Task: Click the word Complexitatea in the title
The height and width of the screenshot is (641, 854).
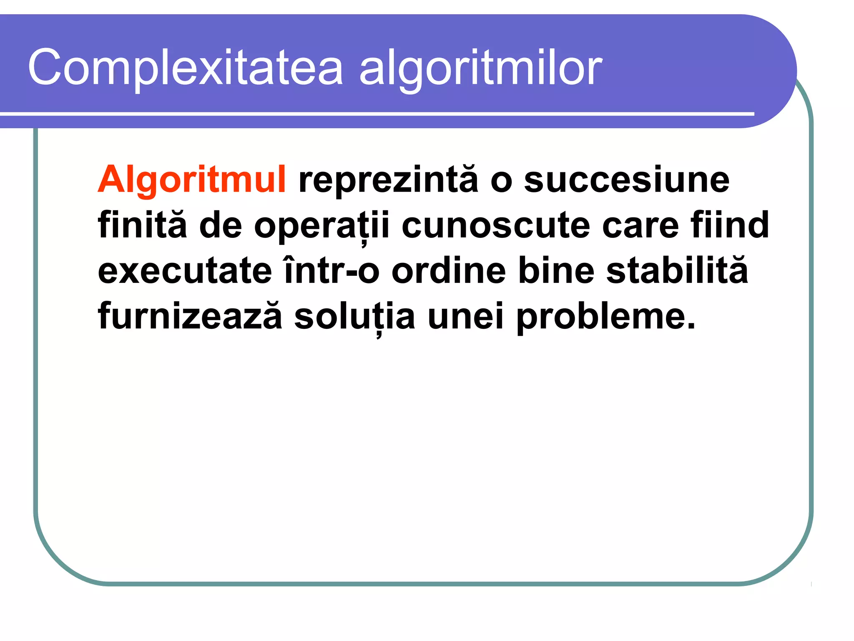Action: click(x=185, y=68)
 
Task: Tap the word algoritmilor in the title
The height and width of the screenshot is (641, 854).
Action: click(x=480, y=68)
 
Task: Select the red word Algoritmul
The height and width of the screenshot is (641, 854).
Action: click(x=191, y=180)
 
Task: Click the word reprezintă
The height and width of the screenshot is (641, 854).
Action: click(x=388, y=180)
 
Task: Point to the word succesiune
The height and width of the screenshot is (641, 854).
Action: click(x=626, y=180)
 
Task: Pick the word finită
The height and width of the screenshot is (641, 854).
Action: click(x=142, y=225)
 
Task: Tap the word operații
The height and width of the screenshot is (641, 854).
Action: click(x=322, y=225)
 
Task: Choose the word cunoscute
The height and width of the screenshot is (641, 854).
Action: click(x=495, y=225)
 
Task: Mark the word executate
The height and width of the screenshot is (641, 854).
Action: click(x=185, y=271)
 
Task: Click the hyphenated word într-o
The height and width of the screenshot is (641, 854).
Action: click(x=331, y=271)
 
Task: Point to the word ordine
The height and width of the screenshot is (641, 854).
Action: click(x=449, y=271)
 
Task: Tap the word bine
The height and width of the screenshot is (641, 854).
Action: click(x=556, y=271)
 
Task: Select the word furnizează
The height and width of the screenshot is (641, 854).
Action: click(x=190, y=316)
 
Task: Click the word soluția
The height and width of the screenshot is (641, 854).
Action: click(x=354, y=316)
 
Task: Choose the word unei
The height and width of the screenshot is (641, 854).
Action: click(x=466, y=316)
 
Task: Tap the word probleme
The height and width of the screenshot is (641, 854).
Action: click(x=606, y=316)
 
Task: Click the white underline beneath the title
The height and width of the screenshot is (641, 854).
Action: click(x=375, y=114)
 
